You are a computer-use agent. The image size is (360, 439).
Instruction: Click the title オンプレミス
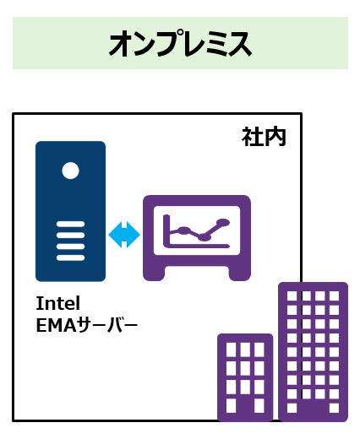(180, 44)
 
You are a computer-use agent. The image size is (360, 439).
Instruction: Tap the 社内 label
(264, 137)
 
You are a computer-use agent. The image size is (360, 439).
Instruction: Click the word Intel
(58, 303)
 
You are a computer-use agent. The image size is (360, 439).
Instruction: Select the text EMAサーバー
(87, 325)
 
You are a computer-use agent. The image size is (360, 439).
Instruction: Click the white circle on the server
(70, 171)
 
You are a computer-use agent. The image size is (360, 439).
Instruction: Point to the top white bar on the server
(70, 224)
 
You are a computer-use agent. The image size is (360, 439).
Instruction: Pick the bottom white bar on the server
(70, 257)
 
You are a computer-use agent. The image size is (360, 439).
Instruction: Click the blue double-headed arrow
(124, 235)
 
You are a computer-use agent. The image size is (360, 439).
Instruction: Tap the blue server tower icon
(70, 211)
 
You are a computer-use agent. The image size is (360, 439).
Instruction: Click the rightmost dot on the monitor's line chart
(224, 222)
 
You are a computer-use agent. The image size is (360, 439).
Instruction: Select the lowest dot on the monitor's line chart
(204, 237)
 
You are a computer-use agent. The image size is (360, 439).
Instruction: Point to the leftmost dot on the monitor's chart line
(183, 230)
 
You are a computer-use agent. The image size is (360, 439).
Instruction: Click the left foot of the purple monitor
(154, 273)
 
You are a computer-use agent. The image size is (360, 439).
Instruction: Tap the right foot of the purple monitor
(240, 273)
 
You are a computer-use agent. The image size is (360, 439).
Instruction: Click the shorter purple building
(245, 377)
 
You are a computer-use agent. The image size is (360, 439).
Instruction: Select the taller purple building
(313, 352)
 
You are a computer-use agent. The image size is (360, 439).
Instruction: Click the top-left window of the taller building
(292, 296)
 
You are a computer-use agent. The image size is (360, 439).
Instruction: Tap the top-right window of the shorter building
(259, 350)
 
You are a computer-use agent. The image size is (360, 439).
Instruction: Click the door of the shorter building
(245, 409)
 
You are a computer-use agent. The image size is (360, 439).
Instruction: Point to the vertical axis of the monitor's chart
(166, 230)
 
